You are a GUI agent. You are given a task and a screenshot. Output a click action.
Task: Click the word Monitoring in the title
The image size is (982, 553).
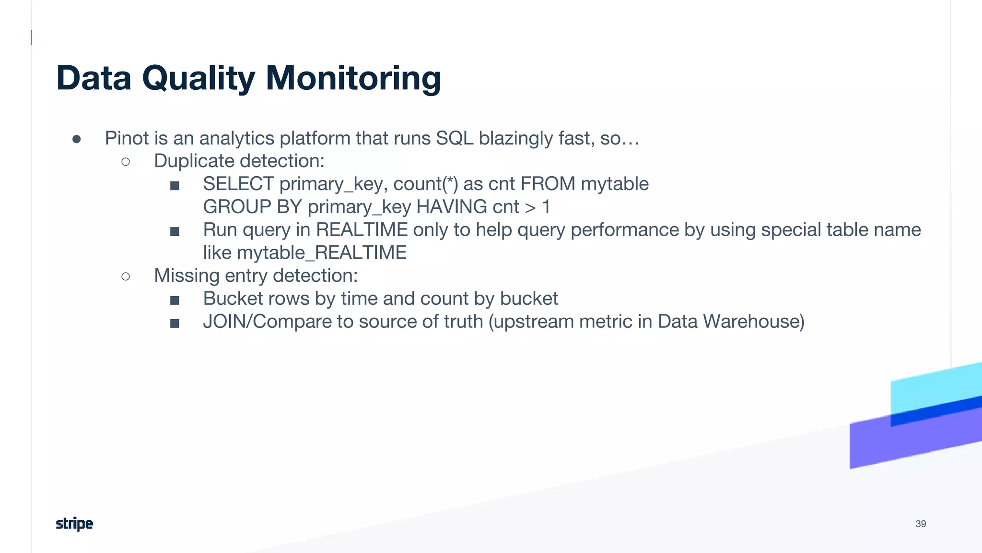coord(353,78)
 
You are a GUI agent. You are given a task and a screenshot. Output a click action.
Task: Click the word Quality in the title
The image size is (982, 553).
coord(199,79)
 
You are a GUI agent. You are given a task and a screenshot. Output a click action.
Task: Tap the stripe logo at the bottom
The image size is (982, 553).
coord(74,524)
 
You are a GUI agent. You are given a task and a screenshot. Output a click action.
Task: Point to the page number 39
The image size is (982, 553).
coord(921,524)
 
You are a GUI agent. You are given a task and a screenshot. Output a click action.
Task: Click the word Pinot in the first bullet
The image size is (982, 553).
coord(127,138)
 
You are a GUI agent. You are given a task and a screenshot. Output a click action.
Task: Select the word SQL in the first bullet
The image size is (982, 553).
coord(454,138)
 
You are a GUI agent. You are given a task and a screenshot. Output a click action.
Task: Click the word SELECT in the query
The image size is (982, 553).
coord(238,184)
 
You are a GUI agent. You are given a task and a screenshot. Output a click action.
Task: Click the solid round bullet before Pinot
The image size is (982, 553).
coord(77,139)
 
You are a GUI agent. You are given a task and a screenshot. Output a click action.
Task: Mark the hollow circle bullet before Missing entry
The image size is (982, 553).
coord(126,276)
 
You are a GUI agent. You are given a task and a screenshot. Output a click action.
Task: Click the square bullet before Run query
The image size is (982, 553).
coord(175,231)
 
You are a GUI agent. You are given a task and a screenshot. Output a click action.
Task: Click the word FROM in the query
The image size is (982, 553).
coord(548,184)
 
